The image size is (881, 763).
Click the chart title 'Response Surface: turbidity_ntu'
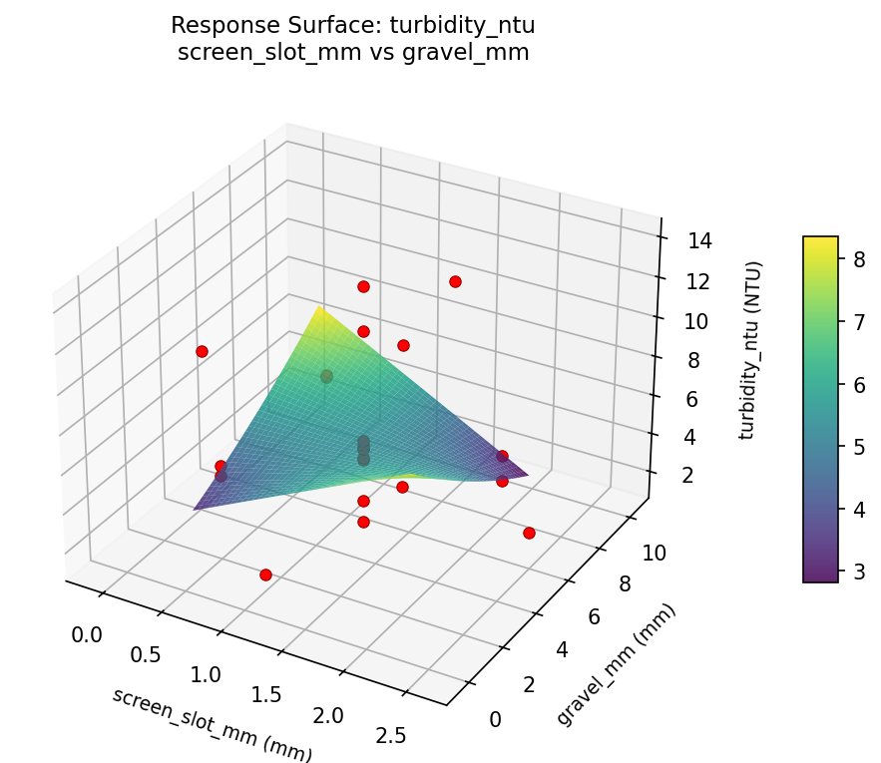352,25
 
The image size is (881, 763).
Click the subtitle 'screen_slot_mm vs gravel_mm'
352,53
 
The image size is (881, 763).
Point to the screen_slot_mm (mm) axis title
212,725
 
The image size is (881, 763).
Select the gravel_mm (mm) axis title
616,665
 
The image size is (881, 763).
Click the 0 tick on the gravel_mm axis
496,720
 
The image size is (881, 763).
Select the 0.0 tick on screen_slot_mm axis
88,634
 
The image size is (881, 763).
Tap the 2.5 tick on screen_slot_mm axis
393,738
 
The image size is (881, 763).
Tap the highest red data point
455,281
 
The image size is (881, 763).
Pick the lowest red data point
265,574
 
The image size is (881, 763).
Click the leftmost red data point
202,351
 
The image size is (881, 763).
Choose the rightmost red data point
529,533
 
